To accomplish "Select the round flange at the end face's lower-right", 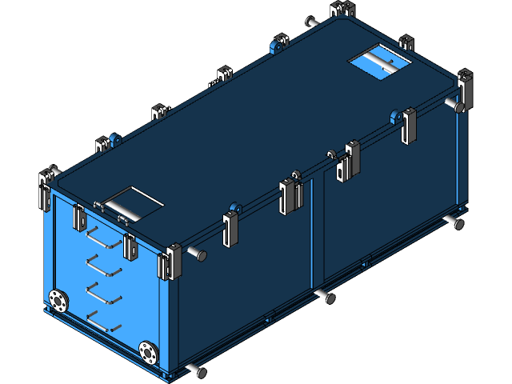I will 148,350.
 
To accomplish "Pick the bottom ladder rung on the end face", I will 103,319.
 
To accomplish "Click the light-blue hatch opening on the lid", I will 378,62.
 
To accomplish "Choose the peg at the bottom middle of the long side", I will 324,297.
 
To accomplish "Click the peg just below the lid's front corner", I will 198,255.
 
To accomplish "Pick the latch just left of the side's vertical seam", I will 290,196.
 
